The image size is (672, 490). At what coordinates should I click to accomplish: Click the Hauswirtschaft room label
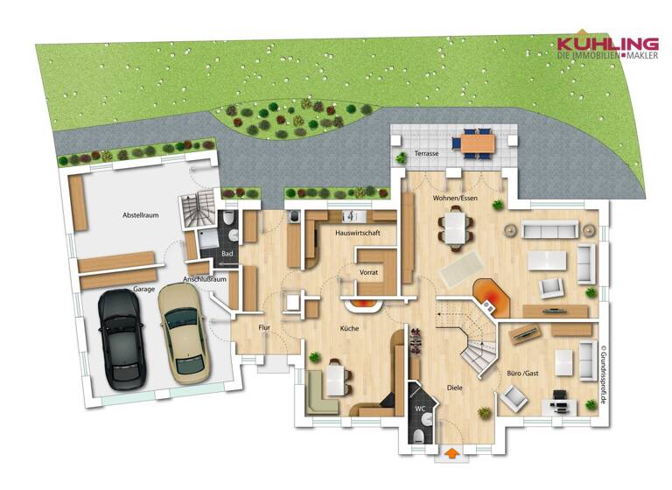pos(357,234)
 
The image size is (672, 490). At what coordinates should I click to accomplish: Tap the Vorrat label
pos(368,273)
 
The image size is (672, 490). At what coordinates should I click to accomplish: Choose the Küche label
pos(350,328)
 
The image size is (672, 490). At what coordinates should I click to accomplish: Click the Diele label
pos(454,387)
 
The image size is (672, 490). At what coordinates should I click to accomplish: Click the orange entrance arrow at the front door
pos(451,454)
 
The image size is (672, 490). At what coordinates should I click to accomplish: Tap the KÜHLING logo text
pos(608,43)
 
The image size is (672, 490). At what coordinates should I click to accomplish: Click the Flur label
pos(264,327)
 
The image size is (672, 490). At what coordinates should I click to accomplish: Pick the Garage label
pos(143,287)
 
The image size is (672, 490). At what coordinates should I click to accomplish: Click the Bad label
pos(227,254)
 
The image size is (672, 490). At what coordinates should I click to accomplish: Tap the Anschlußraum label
pos(205,279)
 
